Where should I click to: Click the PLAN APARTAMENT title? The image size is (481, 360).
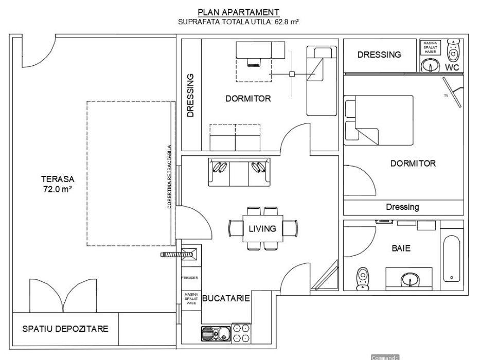238,12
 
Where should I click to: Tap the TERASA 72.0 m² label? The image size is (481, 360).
57,184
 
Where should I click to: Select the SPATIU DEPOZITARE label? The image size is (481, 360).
65,329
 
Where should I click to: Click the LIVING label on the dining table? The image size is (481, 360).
262,229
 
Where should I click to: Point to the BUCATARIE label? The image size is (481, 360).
226,298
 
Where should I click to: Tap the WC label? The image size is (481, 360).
452,67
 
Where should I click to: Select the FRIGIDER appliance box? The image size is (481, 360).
190,278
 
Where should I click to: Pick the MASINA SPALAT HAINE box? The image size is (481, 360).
430,47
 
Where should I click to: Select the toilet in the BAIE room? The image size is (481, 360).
363,278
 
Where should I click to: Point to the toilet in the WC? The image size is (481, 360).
453,50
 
